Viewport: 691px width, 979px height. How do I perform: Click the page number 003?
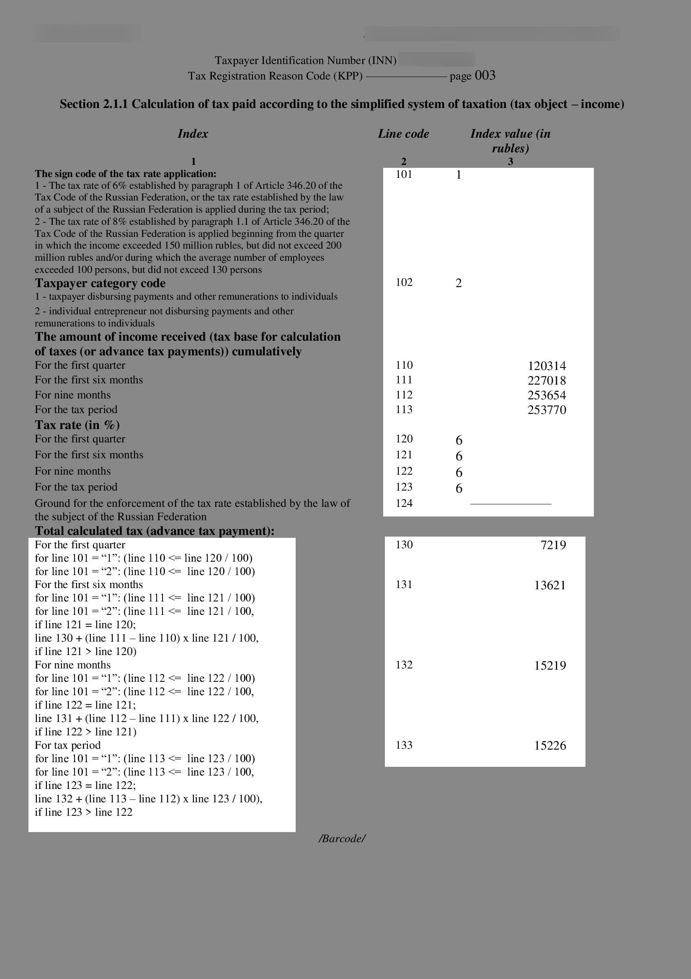pyautogui.click(x=485, y=75)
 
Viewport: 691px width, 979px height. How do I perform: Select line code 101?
pyautogui.click(x=404, y=174)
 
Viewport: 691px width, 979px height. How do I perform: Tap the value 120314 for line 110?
pyautogui.click(x=547, y=366)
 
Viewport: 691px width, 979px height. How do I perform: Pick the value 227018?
pyautogui.click(x=547, y=380)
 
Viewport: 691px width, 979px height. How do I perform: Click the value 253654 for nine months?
pyautogui.click(x=547, y=395)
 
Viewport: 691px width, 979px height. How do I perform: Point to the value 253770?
pyautogui.click(x=547, y=410)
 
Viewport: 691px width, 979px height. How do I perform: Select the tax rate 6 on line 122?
pyautogui.click(x=459, y=473)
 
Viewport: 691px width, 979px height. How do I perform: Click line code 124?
pyautogui.click(x=404, y=503)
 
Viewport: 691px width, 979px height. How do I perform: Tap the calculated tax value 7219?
pyautogui.click(x=553, y=545)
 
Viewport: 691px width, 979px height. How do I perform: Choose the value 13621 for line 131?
pyautogui.click(x=550, y=585)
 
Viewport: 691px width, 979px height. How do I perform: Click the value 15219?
pyautogui.click(x=550, y=666)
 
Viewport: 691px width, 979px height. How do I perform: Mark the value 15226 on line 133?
pyautogui.click(x=550, y=746)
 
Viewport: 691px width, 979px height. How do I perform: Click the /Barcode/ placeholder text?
pyautogui.click(x=342, y=839)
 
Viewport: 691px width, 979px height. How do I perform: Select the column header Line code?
pyautogui.click(x=403, y=134)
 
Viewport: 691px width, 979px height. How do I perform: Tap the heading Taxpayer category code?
pyautogui.click(x=100, y=283)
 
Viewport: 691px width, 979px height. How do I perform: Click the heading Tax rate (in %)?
pyautogui.click(x=77, y=425)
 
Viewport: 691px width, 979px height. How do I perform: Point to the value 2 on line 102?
pyautogui.click(x=459, y=283)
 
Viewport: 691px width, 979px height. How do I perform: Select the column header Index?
pyautogui.click(x=193, y=134)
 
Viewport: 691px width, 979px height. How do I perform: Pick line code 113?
pyautogui.click(x=404, y=409)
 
